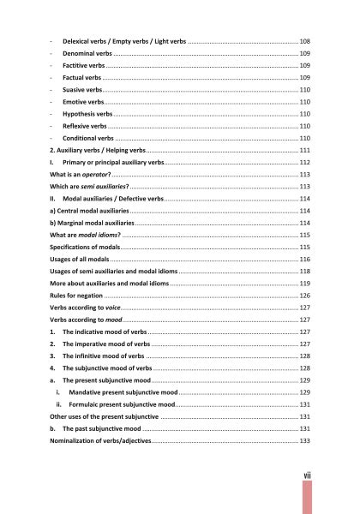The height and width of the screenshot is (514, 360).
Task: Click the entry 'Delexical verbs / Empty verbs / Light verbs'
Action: [x=123, y=40]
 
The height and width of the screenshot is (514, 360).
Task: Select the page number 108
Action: [x=304, y=40]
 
